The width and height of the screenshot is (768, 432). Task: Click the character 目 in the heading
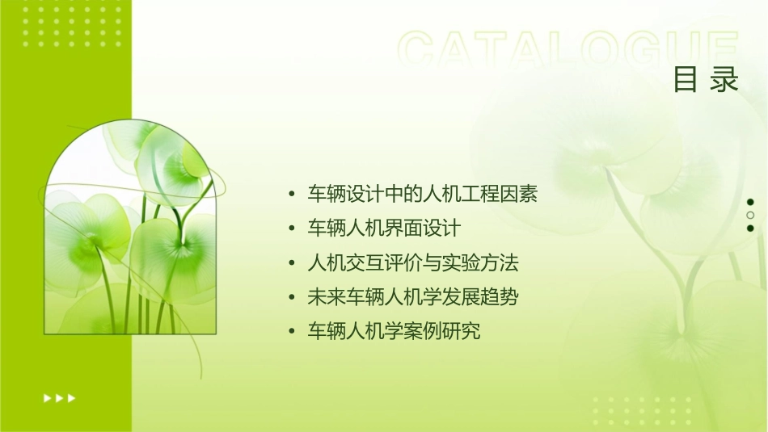click(685, 80)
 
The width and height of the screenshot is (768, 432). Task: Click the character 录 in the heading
click(725, 80)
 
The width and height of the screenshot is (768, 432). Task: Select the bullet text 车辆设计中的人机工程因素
click(423, 194)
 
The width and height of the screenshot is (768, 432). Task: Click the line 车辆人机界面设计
click(384, 229)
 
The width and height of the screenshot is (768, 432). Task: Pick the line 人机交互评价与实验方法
click(413, 263)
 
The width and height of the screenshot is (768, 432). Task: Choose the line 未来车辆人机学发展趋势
click(413, 297)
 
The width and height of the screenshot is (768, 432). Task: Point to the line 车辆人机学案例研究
click(394, 331)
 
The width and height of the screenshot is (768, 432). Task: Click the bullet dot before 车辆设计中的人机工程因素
click(292, 195)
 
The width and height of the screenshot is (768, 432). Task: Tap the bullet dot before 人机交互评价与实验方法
click(292, 264)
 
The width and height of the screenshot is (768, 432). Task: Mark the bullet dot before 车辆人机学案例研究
click(292, 332)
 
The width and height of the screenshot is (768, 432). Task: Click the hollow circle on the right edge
click(750, 215)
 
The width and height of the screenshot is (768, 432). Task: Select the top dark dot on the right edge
click(750, 202)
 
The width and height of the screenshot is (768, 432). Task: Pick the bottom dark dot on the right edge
click(750, 228)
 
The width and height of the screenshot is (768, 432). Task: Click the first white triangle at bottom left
click(47, 397)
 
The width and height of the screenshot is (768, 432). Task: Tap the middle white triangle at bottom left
click(59, 397)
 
